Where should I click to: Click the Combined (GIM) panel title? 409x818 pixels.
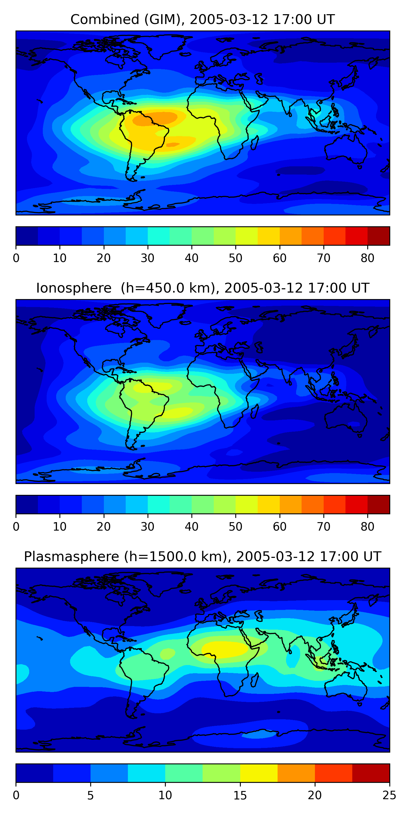202,19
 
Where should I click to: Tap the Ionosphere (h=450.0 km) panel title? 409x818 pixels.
202,288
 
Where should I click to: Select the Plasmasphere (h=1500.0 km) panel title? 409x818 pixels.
202,557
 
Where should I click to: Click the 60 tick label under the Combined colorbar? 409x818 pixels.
279,258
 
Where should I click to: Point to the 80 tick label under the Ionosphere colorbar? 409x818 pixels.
367,527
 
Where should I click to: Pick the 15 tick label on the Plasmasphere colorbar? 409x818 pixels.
240,795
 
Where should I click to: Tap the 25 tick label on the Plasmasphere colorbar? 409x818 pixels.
389,795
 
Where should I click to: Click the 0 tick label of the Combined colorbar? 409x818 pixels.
16,258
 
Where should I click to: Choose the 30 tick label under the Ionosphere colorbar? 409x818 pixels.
148,527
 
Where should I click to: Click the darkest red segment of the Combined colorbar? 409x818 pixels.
378,236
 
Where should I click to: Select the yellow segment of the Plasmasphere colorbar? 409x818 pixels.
259,773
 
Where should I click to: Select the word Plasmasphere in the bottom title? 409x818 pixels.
71,557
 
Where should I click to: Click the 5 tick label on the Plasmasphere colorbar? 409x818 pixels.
91,795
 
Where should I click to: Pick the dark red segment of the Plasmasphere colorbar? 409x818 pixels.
371,773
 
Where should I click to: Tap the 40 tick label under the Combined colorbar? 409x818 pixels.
191,258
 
